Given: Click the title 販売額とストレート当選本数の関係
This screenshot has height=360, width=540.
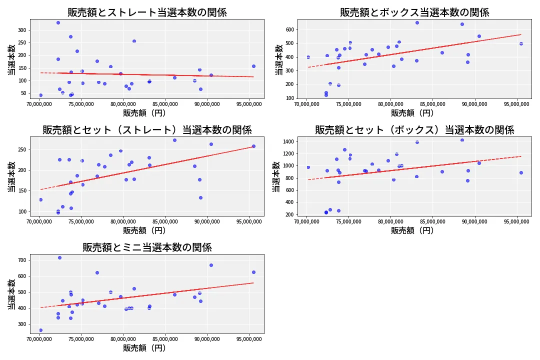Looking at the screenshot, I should (147, 12).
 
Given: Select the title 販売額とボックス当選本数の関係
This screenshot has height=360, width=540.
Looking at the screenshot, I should (414, 12).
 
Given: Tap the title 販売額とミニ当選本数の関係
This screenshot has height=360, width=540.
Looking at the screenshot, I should (147, 247).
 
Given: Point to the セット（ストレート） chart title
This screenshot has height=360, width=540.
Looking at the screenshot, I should (147, 130).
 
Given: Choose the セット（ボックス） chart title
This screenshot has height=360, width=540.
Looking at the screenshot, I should (414, 130).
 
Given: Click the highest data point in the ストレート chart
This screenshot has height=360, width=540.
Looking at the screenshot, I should (58, 22).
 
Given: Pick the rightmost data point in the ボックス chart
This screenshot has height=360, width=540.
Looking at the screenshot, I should (521, 43).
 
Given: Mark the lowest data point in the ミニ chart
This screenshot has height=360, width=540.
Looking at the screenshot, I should (40, 330).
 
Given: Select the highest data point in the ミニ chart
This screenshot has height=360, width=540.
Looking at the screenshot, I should (59, 257).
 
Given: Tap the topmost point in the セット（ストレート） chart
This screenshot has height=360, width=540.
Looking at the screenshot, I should (174, 140).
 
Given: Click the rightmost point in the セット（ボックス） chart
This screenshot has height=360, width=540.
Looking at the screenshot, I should (521, 172).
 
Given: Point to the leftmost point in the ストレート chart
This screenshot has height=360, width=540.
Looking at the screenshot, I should (40, 95).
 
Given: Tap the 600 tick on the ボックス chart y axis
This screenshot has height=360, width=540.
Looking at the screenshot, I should (289, 29).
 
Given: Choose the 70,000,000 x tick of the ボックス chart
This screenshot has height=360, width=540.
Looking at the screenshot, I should (308, 104).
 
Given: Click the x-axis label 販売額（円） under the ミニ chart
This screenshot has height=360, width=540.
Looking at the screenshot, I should (147, 348).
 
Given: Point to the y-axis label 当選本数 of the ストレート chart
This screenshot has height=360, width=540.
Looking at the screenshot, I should (11, 59).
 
